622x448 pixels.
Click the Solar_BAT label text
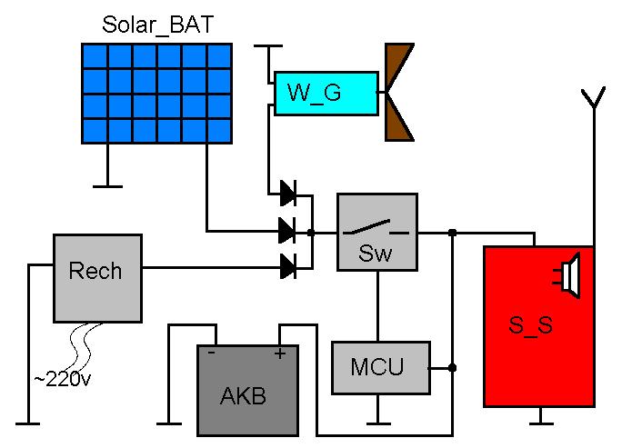point(158,25)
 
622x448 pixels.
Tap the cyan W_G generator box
point(326,94)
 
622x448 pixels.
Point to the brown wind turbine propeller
point(398,92)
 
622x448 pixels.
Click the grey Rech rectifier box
point(98,276)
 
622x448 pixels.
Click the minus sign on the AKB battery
point(211,353)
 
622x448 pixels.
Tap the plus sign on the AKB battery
point(278,353)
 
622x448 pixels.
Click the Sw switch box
point(377,232)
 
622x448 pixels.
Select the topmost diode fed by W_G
point(287,193)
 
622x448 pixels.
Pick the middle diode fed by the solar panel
point(287,231)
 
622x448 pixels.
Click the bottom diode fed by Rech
point(287,267)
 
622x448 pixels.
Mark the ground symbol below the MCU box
point(377,422)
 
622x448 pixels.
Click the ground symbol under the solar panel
point(107,185)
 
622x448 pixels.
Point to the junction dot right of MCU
point(452,368)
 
